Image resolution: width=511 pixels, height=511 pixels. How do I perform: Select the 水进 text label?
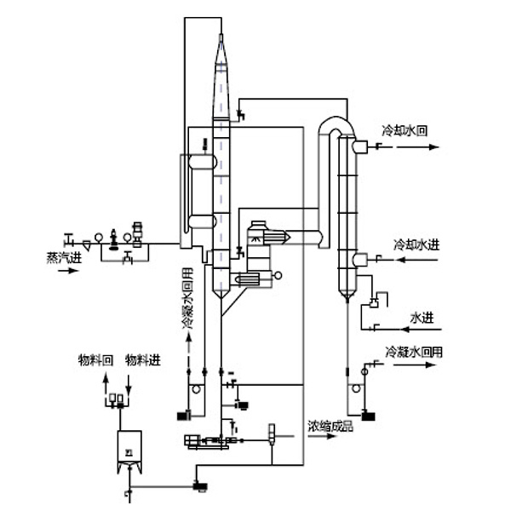[422, 318]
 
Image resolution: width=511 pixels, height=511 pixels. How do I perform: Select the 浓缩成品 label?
[330, 425]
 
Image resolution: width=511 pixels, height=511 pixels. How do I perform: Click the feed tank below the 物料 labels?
[129, 450]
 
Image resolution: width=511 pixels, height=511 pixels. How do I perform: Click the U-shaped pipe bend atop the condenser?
[334, 124]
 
